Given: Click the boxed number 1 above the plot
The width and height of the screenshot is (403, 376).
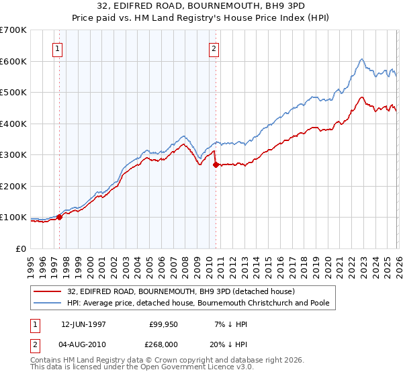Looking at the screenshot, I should pyautogui.click(x=57, y=48).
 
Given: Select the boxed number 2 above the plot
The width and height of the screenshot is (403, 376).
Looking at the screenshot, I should pyautogui.click(x=214, y=48).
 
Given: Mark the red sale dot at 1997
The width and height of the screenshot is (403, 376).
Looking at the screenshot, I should pyautogui.click(x=60, y=217).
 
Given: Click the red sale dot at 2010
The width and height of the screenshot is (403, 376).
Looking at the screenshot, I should pyautogui.click(x=216, y=164).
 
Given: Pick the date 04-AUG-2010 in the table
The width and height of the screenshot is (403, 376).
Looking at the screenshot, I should pyautogui.click(x=84, y=344).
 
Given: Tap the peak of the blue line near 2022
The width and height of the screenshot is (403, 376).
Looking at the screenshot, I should pyautogui.click(x=361, y=59).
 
